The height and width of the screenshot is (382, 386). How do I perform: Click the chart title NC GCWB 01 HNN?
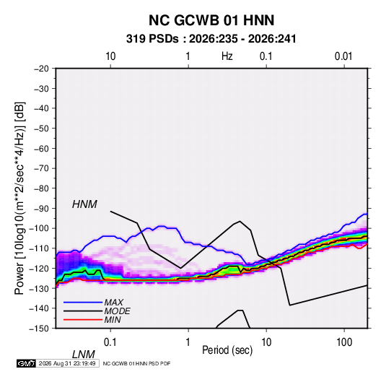(x=211, y=20)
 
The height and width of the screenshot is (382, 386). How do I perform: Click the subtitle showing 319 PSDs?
(x=211, y=39)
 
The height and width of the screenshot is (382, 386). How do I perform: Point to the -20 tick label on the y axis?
(x=41, y=69)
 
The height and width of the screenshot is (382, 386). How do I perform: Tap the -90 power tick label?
(x=41, y=208)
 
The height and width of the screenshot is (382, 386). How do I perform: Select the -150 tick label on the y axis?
(x=39, y=329)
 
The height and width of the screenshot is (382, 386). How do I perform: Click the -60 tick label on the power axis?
(x=41, y=148)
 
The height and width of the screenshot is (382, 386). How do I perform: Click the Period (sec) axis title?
(x=227, y=350)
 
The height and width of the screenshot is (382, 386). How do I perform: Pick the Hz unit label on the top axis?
(x=227, y=56)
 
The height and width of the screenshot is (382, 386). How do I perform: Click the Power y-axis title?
(x=19, y=198)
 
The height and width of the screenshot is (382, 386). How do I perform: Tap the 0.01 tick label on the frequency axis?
(x=343, y=56)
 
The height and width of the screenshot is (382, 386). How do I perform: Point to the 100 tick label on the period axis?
(x=343, y=342)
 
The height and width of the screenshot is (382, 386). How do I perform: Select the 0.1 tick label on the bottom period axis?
(x=110, y=342)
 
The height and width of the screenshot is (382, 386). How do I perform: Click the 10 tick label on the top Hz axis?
(x=110, y=56)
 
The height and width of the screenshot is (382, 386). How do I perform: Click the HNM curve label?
(x=84, y=204)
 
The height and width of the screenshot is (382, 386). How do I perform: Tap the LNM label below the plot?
(x=83, y=355)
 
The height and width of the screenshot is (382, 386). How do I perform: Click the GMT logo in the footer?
(x=27, y=363)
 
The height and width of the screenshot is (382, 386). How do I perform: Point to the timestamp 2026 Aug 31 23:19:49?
(x=67, y=363)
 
